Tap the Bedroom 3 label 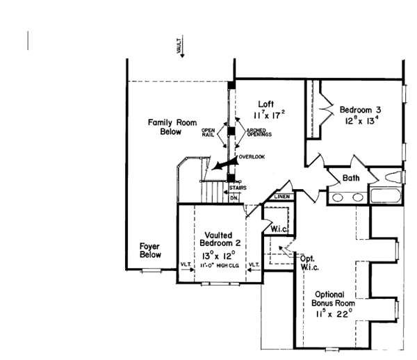click(359, 110)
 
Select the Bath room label click(351, 179)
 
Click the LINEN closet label click(281, 197)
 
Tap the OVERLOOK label click(252, 157)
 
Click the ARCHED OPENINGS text click(258, 132)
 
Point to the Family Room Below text click(165, 126)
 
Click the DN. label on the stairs click(234, 197)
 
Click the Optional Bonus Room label click(333, 298)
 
